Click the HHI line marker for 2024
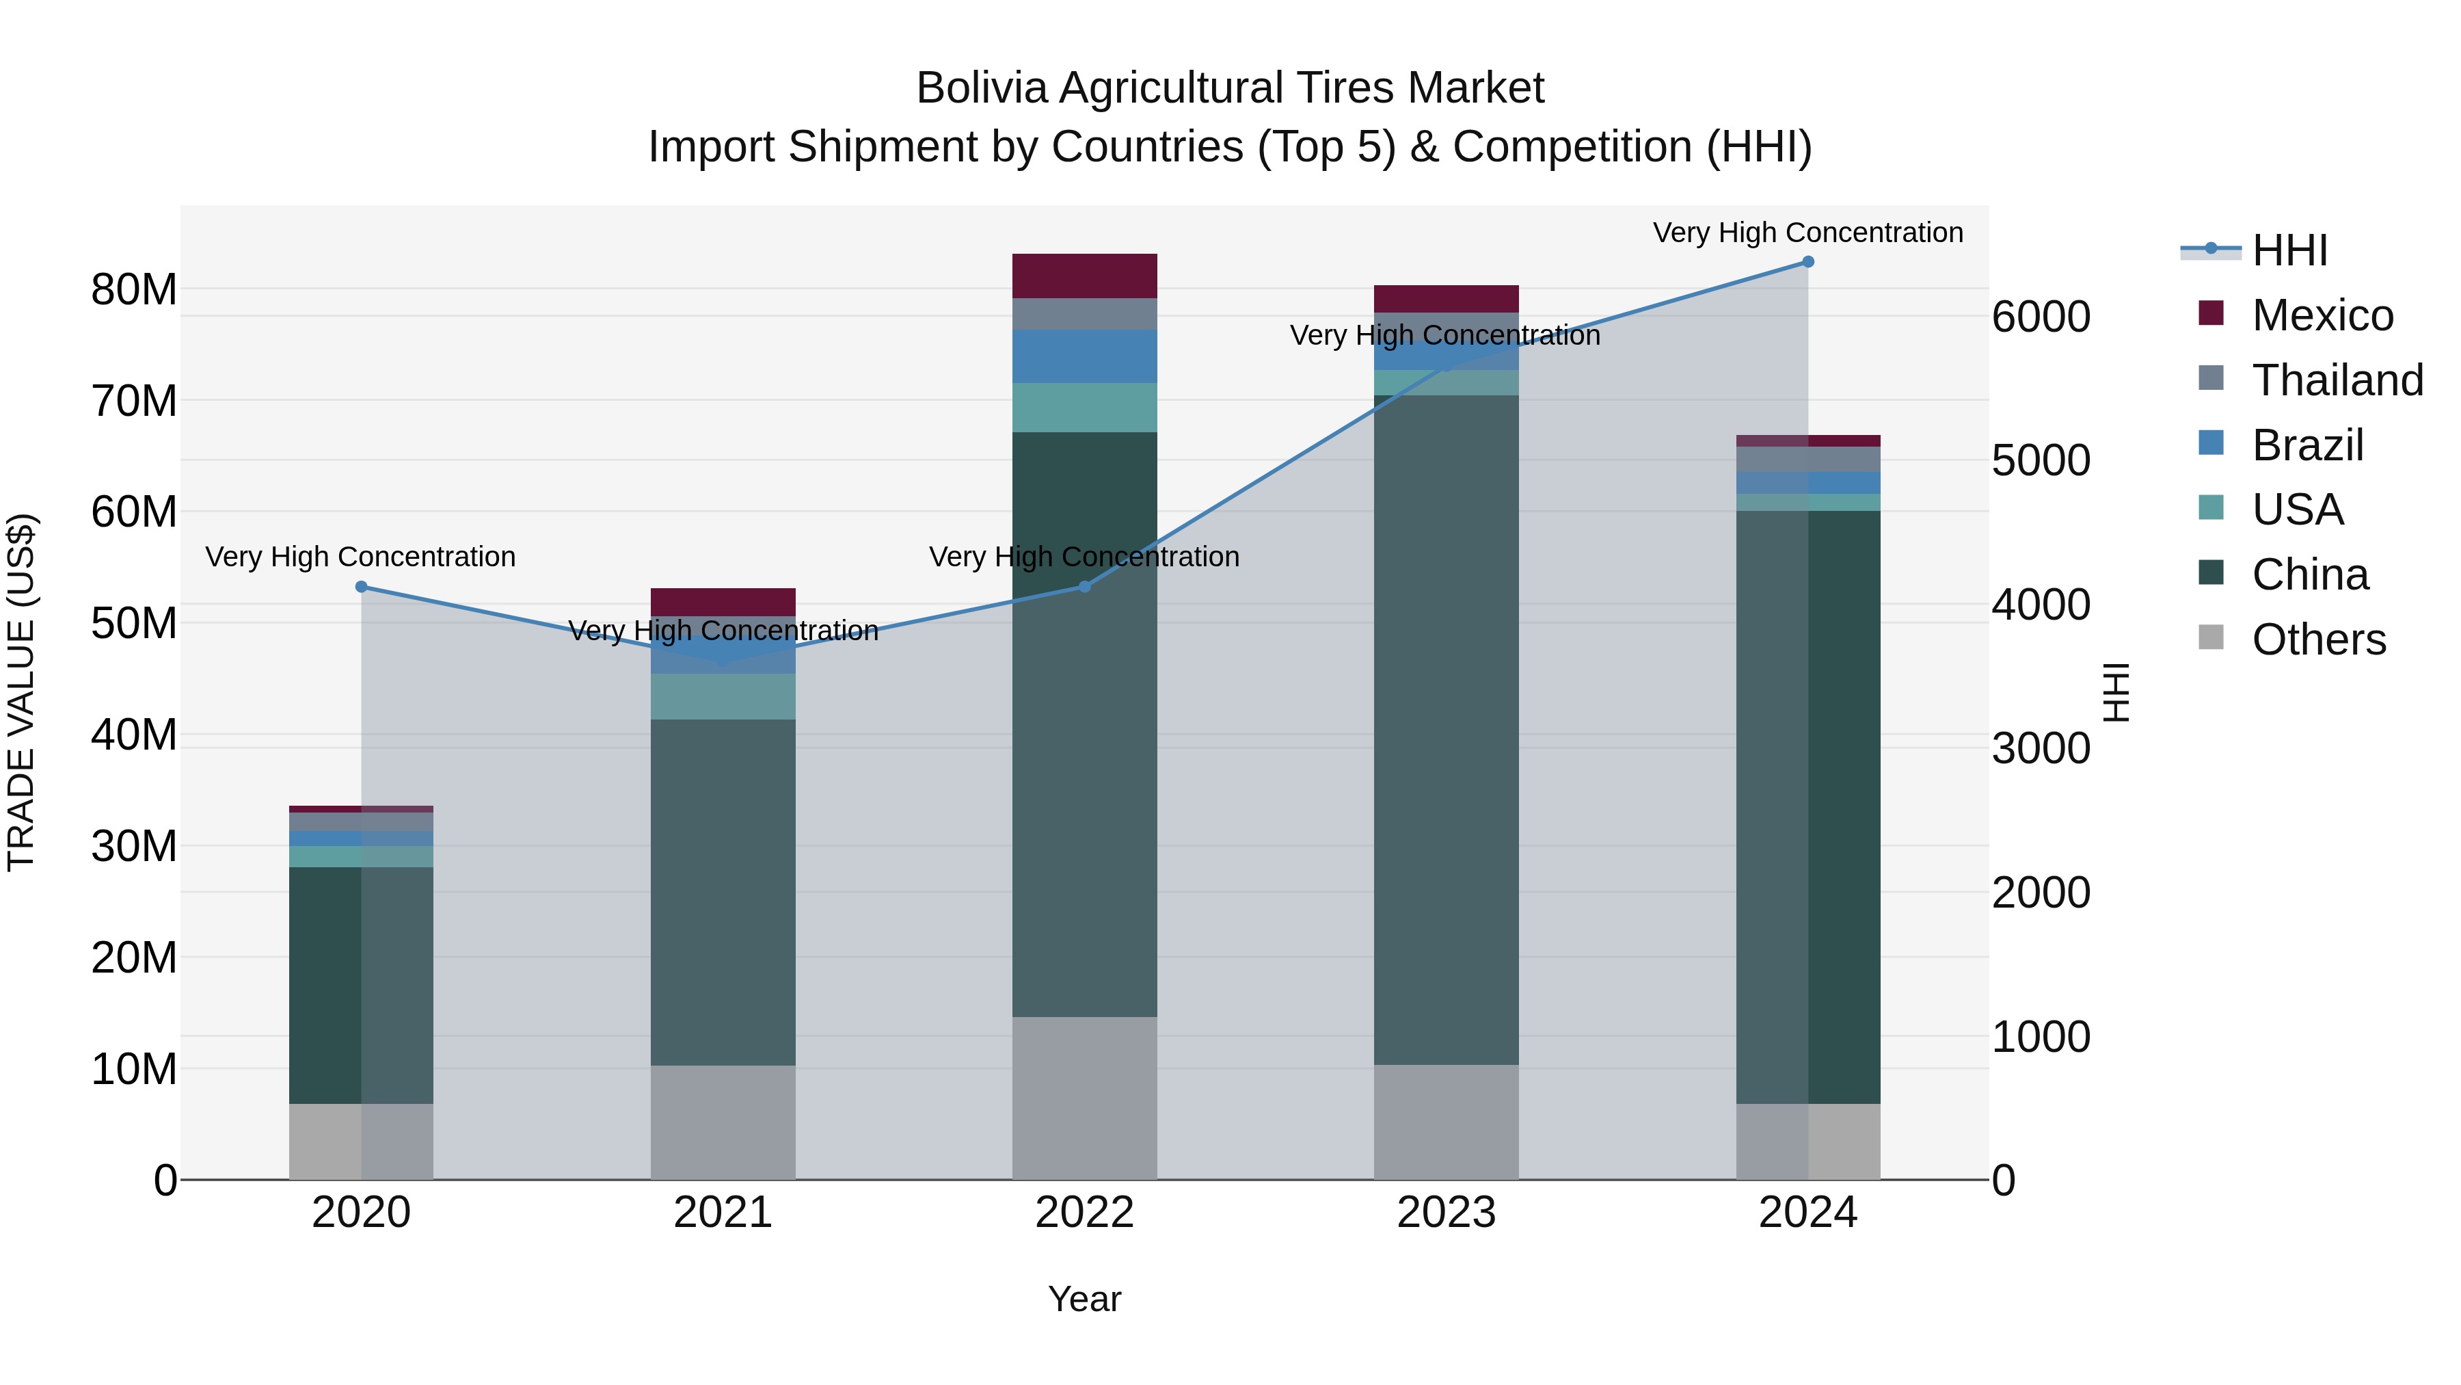[1807, 262]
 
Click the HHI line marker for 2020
[361, 587]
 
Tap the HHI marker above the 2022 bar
[1084, 587]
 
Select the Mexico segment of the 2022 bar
[1084, 276]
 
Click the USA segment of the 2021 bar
[723, 697]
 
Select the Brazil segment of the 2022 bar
[1084, 356]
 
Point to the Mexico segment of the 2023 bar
[1445, 298]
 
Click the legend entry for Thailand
[2337, 380]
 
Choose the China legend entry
[2309, 575]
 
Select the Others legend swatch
[2211, 637]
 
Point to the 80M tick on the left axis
[134, 289]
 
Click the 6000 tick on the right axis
[2041, 317]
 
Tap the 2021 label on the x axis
[723, 1213]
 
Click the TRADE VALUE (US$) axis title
[22, 692]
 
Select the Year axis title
[1084, 1299]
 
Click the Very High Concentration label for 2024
[1807, 233]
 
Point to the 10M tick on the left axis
[134, 1070]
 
